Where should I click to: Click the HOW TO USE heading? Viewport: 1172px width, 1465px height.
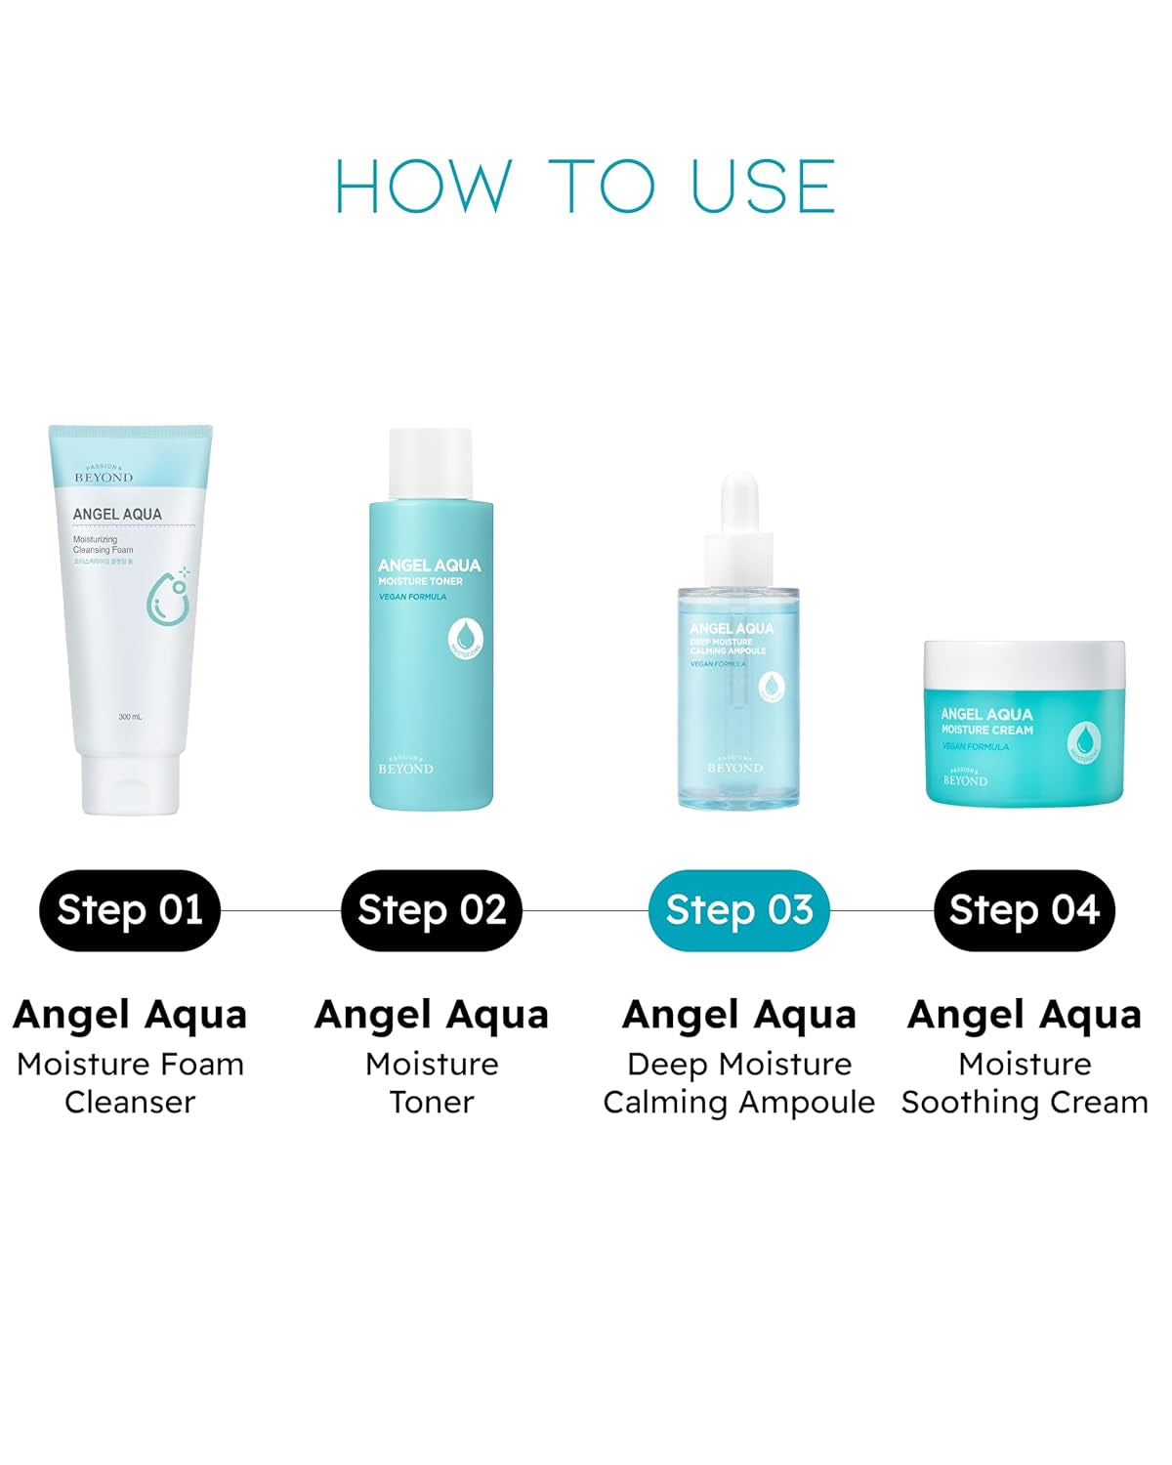pos(585,186)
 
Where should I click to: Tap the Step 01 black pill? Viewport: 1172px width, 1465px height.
pos(130,910)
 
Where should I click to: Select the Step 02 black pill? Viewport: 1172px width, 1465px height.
pos(432,910)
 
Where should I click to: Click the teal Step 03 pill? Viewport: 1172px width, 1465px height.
pos(739,910)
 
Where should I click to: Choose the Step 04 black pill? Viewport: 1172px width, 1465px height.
pos(1025,910)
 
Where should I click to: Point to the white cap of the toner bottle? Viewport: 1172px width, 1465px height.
pos(431,464)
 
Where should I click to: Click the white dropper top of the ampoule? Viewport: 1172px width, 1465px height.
pos(739,518)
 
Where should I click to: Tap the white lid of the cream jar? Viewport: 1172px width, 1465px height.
pos(1025,664)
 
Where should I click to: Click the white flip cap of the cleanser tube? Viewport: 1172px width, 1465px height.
pos(131,781)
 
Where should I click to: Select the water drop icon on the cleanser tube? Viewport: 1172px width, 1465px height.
pos(168,596)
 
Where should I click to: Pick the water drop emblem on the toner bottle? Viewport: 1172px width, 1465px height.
pos(467,638)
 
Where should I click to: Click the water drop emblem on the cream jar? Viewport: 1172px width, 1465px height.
pos(1085,741)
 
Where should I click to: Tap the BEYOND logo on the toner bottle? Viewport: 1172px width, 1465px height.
pos(405,767)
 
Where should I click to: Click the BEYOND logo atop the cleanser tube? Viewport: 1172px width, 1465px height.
pos(104,476)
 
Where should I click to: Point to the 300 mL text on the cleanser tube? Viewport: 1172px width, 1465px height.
pos(130,717)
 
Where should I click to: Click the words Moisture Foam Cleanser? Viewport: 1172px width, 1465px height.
pos(130,1082)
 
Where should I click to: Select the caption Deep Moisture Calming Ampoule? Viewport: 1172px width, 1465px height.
pos(739,1082)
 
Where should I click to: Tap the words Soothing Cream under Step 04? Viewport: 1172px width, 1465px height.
pos(1025,1102)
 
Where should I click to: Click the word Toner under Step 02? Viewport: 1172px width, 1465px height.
pos(432,1102)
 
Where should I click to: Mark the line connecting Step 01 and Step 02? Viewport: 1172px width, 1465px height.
pos(280,910)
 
